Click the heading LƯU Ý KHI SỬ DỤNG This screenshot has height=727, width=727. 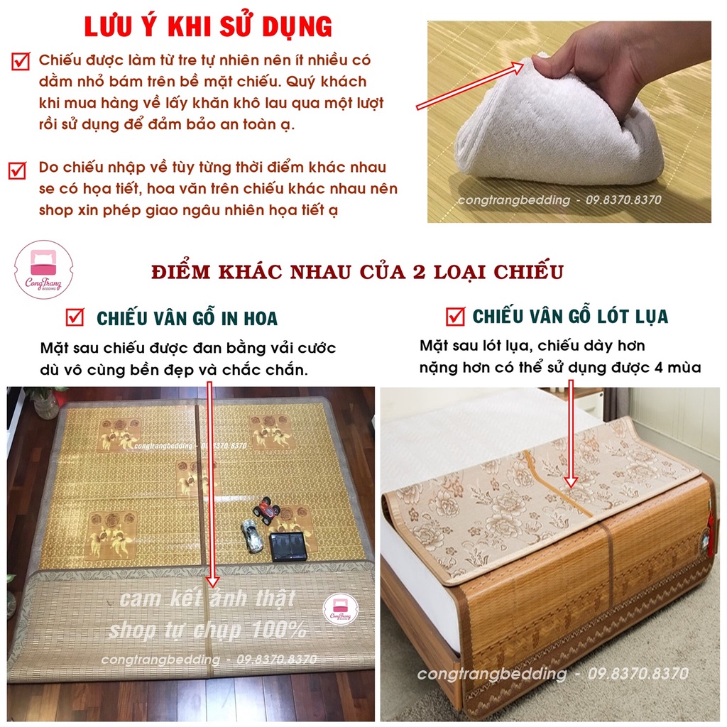pos(208,26)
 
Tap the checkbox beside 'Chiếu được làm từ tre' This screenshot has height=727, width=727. pos(21,61)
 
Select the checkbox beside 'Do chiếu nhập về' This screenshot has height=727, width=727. pos(18,170)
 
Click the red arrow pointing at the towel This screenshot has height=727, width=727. pos(470,85)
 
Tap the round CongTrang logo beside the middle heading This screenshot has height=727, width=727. pos(43,269)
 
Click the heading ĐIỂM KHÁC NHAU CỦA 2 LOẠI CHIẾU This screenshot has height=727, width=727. pos(358,272)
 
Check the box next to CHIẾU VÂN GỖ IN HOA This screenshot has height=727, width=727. pos(75,317)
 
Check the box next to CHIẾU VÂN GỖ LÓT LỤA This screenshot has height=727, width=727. pos(455,316)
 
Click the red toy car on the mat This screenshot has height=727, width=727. pos(266,510)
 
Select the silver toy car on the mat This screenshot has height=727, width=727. pos(251,535)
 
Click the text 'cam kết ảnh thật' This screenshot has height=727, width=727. pos(207,598)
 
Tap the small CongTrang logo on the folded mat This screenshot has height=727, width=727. pos(341,609)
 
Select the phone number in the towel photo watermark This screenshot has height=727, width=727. pos(623,199)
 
